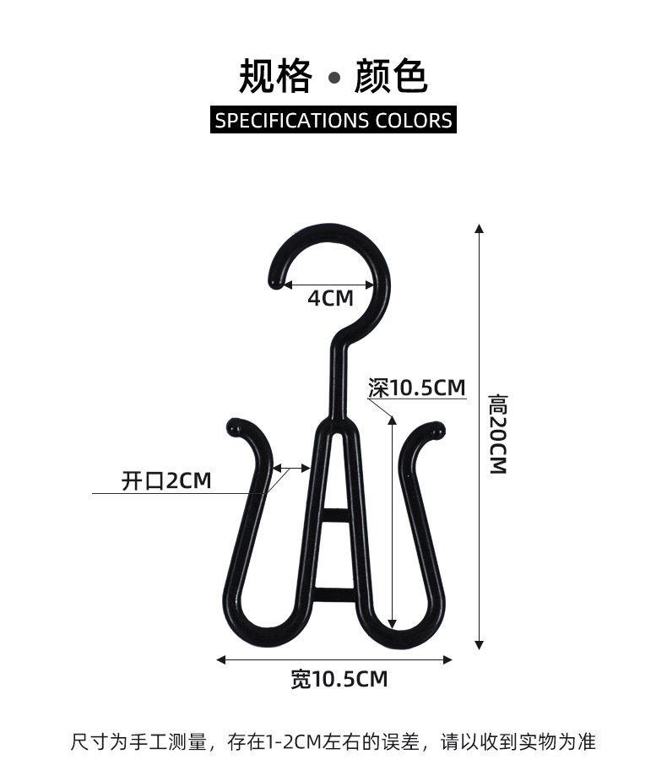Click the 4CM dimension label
pos(330,298)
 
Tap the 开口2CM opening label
pos(166,481)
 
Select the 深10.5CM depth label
pos(417,388)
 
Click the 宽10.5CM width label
pos(339,678)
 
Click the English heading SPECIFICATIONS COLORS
pos(333,120)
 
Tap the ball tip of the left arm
pos(235,427)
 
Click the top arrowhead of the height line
pos(479,229)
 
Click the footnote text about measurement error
pos(333,742)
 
